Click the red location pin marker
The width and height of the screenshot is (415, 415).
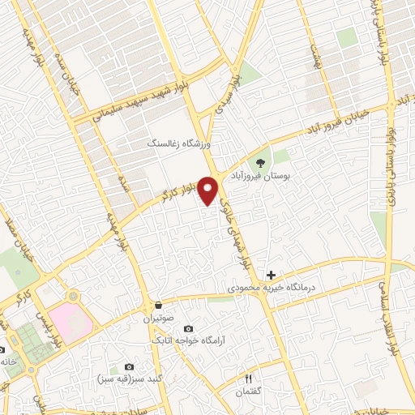[x=209, y=190]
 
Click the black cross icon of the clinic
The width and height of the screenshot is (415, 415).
[x=271, y=276]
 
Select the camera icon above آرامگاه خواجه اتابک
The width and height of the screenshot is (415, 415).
[x=188, y=328]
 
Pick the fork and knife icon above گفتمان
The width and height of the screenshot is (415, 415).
[x=249, y=378]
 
